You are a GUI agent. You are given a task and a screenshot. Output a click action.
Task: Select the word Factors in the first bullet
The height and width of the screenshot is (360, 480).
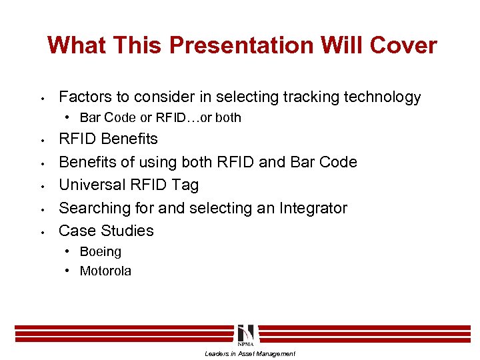[85, 97]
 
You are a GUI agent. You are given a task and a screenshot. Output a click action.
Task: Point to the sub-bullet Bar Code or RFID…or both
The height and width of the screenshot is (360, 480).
[160, 118]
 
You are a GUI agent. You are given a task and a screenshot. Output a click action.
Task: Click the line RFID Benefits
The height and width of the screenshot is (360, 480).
[108, 139]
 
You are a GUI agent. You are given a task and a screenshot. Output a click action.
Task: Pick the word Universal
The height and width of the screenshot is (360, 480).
[91, 185]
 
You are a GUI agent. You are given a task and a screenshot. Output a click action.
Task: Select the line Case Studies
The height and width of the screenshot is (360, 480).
[106, 231]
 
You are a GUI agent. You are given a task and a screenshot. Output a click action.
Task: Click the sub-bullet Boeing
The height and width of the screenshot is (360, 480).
[100, 252]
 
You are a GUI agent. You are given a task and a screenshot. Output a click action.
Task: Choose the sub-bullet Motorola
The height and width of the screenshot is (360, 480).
[105, 271]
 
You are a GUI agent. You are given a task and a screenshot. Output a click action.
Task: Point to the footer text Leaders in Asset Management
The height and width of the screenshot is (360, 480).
[249, 353]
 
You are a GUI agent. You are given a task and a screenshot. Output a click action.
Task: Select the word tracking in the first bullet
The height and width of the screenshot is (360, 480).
[311, 97]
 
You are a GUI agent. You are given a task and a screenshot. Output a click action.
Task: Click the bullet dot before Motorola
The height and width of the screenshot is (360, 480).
[69, 271]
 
